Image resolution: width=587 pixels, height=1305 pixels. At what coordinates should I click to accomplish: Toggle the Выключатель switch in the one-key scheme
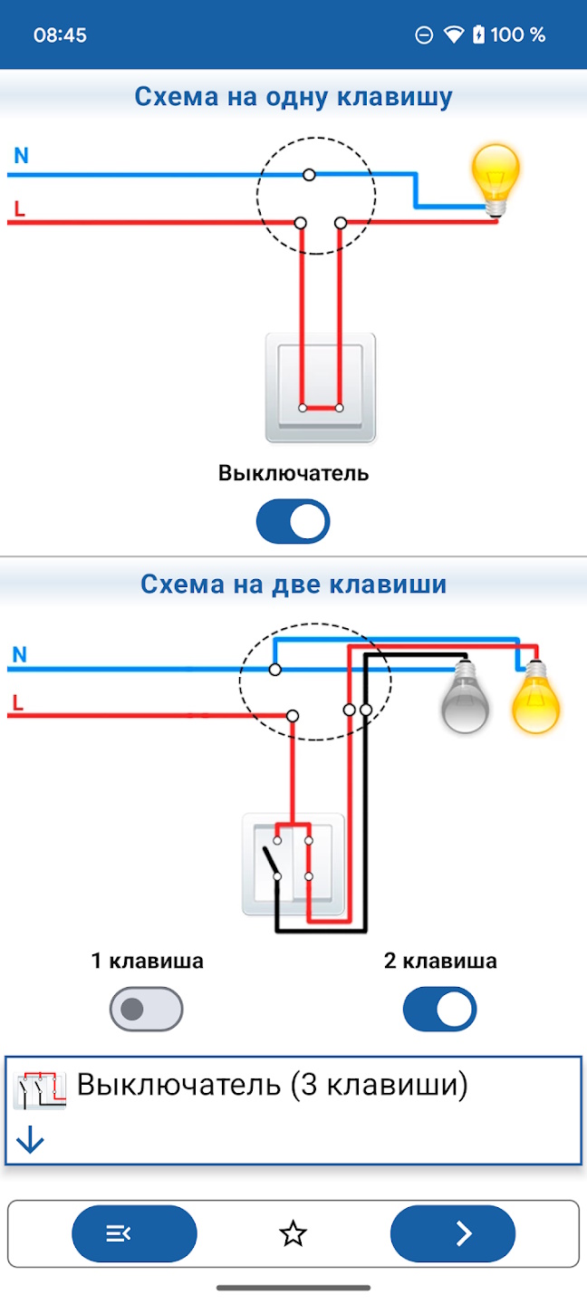(x=293, y=522)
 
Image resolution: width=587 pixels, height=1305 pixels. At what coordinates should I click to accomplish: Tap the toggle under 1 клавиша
(x=146, y=1010)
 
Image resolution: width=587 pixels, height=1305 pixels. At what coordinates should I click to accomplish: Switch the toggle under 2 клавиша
(x=439, y=1010)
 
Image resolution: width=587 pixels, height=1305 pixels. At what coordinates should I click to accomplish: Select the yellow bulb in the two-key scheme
(x=535, y=699)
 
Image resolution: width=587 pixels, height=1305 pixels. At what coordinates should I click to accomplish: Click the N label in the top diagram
(x=21, y=156)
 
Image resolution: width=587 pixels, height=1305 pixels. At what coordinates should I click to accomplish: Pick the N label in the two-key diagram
(x=20, y=654)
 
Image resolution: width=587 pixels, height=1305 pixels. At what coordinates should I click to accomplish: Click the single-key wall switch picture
(x=320, y=388)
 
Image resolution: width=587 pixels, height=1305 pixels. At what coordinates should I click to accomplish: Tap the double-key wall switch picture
(x=293, y=864)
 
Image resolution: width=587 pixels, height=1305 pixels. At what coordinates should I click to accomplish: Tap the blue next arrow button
(x=453, y=1232)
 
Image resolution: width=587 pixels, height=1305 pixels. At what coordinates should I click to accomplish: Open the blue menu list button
(x=134, y=1232)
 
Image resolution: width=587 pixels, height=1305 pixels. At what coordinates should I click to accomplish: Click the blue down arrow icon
(x=31, y=1140)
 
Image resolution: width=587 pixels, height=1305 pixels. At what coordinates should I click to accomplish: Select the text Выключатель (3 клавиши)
(x=272, y=1084)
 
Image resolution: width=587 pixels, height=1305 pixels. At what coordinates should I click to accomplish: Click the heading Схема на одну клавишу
(x=293, y=97)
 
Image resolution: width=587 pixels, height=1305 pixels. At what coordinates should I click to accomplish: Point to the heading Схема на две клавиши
(x=293, y=585)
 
